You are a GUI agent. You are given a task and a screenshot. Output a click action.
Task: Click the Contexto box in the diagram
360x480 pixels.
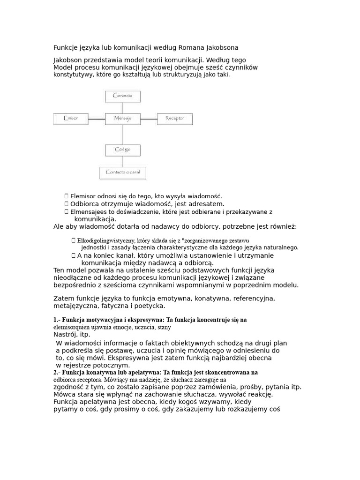point(122,96)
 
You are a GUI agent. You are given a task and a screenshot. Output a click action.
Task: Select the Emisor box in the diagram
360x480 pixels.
point(71,119)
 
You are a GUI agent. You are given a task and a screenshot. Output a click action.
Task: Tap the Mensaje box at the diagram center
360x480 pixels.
point(122,119)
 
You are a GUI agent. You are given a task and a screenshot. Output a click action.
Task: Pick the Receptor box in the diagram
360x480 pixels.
point(174,119)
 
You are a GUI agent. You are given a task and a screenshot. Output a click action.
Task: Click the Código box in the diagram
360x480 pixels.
point(122,150)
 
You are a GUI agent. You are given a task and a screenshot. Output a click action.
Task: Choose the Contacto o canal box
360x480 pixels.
point(122,172)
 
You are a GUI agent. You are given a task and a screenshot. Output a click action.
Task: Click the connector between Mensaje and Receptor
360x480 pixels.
point(149,119)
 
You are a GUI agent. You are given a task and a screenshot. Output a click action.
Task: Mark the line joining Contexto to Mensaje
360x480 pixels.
point(122,107)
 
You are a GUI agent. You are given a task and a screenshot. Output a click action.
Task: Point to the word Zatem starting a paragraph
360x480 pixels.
point(63,299)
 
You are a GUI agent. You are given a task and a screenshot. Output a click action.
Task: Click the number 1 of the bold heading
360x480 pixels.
point(55,320)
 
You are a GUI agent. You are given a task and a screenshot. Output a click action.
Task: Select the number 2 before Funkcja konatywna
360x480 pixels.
point(55,372)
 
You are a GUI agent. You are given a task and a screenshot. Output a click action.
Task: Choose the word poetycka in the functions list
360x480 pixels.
point(150,306)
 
